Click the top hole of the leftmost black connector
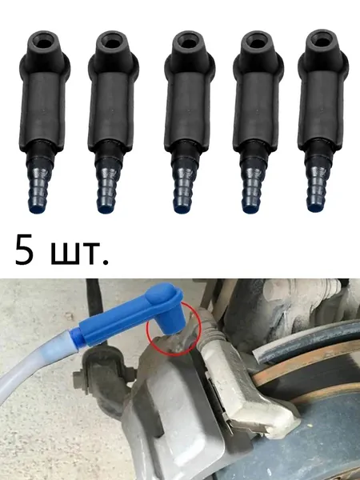click(x=44, y=42)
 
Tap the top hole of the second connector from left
click(x=112, y=42)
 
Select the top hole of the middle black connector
click(x=188, y=42)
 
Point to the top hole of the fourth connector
click(x=256, y=42)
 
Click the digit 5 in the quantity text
click(x=24, y=250)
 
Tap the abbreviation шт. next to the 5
click(x=79, y=253)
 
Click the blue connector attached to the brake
click(x=129, y=314)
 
